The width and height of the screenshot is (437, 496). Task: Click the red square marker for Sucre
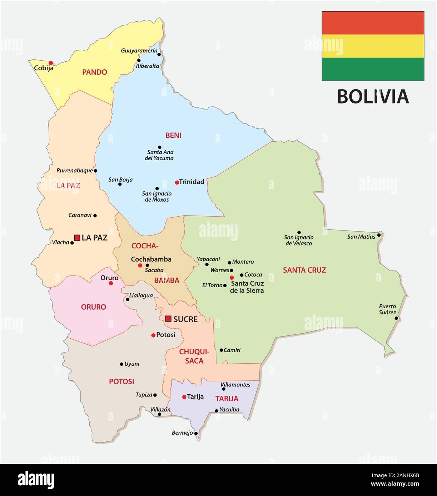click(x=168, y=319)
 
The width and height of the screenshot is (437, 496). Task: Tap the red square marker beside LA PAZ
click(x=77, y=237)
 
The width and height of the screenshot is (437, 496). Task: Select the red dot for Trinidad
click(x=177, y=182)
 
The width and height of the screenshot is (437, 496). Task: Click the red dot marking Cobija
click(x=51, y=62)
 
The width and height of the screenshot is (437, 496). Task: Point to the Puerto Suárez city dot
click(x=396, y=318)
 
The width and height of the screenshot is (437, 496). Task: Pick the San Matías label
click(x=361, y=236)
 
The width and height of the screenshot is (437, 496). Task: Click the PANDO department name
click(x=95, y=72)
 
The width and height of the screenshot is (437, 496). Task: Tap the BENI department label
click(x=173, y=135)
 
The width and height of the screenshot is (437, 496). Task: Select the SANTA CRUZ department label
click(x=304, y=270)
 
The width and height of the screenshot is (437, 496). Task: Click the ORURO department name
click(x=93, y=307)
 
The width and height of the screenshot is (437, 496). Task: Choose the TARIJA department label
click(x=227, y=398)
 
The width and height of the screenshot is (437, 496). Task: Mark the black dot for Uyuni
click(x=121, y=364)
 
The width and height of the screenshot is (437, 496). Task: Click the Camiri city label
click(x=232, y=350)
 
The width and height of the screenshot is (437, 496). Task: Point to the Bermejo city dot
click(x=196, y=433)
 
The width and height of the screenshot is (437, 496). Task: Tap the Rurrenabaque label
click(x=75, y=171)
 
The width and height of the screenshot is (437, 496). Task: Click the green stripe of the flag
click(x=373, y=69)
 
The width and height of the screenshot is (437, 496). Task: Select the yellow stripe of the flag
click(x=373, y=46)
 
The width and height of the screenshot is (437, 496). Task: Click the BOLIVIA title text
click(x=373, y=96)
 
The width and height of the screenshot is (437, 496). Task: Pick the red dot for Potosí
click(x=153, y=335)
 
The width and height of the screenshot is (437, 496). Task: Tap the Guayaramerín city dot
click(x=159, y=55)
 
